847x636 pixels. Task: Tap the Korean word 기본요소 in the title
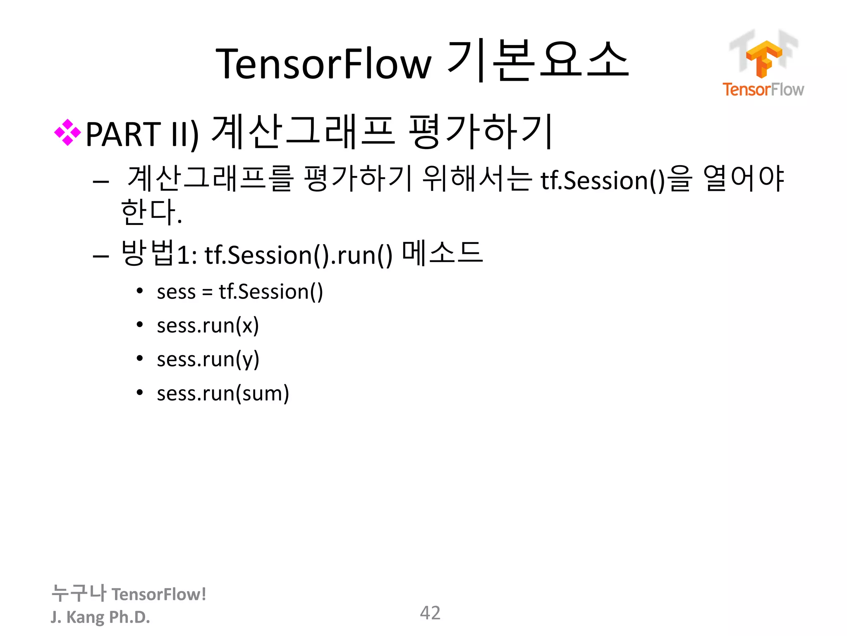538,61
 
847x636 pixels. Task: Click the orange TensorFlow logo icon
763,58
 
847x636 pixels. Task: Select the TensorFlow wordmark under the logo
763,89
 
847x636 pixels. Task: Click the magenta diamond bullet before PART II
67,132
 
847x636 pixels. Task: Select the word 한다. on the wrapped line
151,212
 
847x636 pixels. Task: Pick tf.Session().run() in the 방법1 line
298,255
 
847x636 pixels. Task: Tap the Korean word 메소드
442,253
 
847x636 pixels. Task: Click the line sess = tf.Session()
240,291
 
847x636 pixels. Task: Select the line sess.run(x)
208,325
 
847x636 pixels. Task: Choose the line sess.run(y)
208,359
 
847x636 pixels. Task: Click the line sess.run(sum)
223,393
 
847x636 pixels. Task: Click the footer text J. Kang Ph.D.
100,617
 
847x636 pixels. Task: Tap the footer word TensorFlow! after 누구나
159,594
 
